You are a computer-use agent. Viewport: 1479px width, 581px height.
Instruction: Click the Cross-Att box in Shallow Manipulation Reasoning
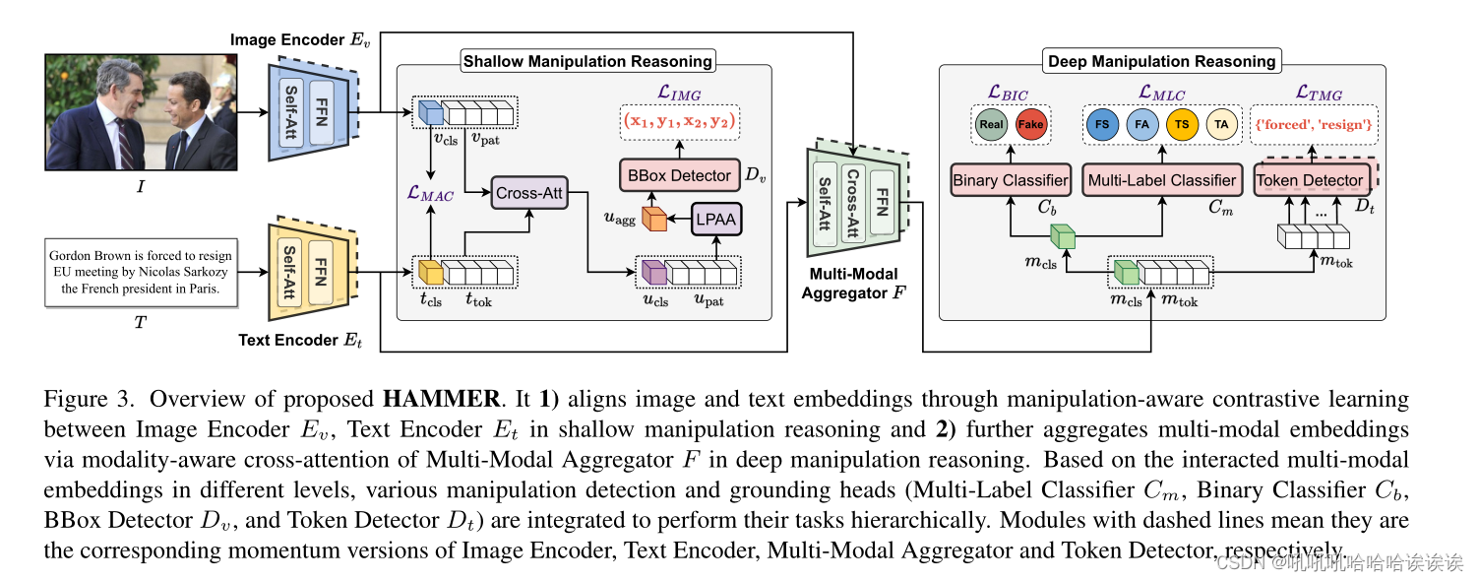click(x=529, y=193)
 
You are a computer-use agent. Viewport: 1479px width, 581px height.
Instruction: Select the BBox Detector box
click(x=679, y=175)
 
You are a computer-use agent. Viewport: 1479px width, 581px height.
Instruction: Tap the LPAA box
click(x=715, y=220)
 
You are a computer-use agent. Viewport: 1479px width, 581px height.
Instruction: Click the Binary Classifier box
click(x=1009, y=180)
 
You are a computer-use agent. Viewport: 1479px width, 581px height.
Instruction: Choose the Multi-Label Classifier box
click(x=1161, y=180)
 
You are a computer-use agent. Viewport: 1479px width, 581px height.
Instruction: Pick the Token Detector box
click(x=1310, y=180)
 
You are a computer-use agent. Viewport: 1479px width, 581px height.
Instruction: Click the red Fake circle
click(x=1030, y=125)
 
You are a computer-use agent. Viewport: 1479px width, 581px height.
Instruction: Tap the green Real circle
click(x=991, y=125)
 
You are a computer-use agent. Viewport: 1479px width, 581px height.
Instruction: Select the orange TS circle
click(x=1182, y=125)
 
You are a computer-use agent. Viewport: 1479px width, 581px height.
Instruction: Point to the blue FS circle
click(x=1102, y=125)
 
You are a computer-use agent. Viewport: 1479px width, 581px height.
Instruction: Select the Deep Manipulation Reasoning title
click(x=1161, y=61)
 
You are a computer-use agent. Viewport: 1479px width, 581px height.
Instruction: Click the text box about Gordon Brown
click(x=141, y=273)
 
